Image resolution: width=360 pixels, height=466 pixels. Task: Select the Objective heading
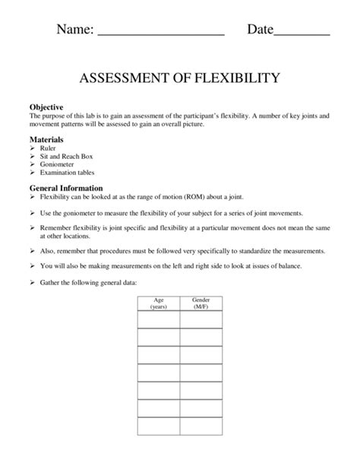click(46, 107)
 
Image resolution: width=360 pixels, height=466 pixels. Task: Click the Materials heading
click(46, 141)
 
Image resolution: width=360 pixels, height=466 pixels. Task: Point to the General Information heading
click(66, 188)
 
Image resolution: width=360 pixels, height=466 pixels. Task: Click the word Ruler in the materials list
click(49, 149)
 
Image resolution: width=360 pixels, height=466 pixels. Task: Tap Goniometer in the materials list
click(56, 164)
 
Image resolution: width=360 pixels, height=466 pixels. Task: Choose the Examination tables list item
click(65, 173)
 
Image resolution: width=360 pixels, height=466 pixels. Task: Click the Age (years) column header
click(158, 303)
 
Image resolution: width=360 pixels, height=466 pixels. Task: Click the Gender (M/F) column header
click(201, 303)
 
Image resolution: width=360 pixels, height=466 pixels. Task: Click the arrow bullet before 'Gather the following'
click(33, 282)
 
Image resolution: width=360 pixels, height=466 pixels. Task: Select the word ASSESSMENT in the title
click(122, 78)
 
